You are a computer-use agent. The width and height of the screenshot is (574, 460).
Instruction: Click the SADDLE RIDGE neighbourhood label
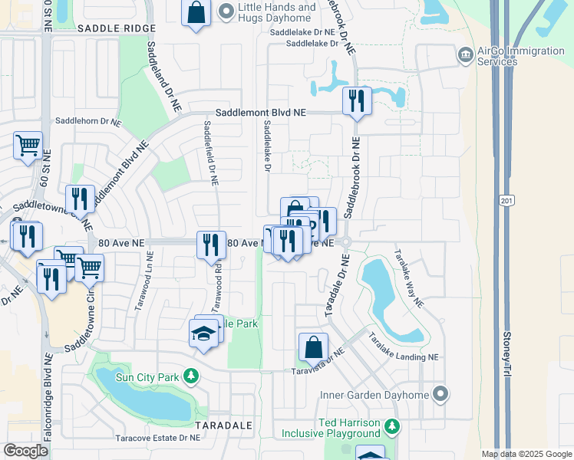pyautogui.click(x=117, y=28)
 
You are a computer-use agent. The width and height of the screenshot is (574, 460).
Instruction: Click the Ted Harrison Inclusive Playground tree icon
pyautogui.click(x=392, y=425)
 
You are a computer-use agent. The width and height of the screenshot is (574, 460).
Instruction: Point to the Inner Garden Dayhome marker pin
pyautogui.click(x=440, y=394)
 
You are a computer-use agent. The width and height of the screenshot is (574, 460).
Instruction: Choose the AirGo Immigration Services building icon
pyautogui.click(x=465, y=55)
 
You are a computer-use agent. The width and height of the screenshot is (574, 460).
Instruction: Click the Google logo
pyautogui.click(x=27, y=451)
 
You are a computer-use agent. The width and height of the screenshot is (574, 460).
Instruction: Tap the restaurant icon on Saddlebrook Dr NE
pyautogui.click(x=356, y=100)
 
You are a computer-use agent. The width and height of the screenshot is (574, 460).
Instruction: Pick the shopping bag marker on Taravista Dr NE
pyautogui.click(x=314, y=347)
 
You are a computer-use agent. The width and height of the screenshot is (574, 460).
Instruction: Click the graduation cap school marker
pyautogui.click(x=203, y=334)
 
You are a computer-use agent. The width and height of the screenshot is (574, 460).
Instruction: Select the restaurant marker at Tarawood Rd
pyautogui.click(x=211, y=245)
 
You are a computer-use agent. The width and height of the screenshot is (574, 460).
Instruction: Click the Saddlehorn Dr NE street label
pyautogui.click(x=89, y=122)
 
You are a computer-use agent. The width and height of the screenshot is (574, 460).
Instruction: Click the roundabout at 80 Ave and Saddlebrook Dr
pyautogui.click(x=346, y=242)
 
